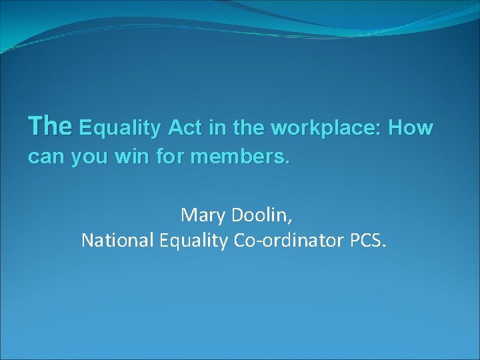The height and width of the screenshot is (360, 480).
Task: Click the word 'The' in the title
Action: click(x=50, y=125)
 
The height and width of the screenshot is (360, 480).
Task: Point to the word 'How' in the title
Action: click(x=411, y=127)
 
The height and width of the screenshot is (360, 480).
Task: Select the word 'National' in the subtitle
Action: click(x=117, y=241)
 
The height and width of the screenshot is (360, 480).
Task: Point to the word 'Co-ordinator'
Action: click(x=289, y=241)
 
